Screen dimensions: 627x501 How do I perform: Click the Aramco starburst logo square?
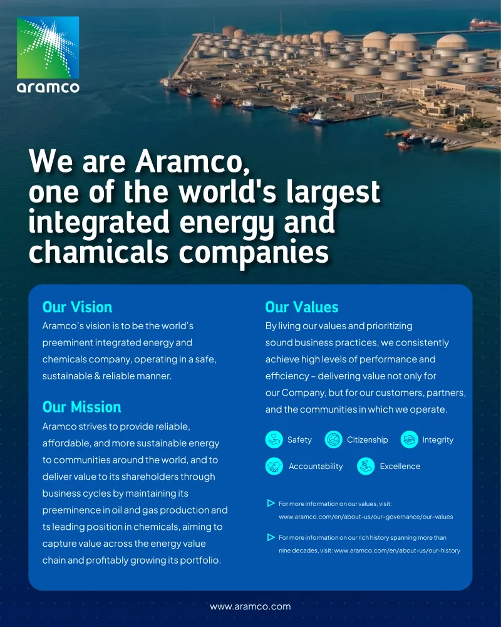(48, 47)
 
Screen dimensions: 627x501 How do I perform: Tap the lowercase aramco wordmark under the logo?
(48, 87)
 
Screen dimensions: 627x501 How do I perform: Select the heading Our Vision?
(77, 307)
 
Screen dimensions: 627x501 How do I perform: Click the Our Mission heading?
(81, 407)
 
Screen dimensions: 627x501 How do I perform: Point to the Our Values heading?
(301, 307)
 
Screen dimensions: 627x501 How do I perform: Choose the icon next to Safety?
(274, 440)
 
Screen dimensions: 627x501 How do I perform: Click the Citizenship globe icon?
(333, 440)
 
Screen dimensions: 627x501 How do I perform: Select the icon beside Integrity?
(409, 440)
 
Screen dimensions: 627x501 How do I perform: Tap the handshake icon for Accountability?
(274, 466)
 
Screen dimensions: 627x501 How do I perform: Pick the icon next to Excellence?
(366, 466)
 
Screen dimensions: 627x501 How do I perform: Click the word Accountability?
(316, 466)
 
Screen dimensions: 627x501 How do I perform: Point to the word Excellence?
(400, 466)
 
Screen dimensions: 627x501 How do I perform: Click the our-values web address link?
(366, 517)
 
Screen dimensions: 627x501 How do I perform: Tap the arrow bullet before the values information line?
(271, 503)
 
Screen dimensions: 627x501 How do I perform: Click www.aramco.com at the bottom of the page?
(250, 607)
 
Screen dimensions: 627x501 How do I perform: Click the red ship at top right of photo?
(485, 24)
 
